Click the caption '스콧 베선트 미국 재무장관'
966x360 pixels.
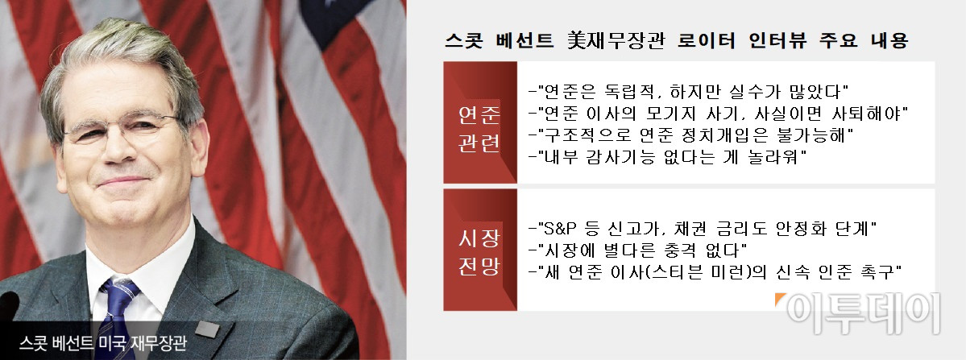pos(102,342)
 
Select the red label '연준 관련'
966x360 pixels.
pos(479,130)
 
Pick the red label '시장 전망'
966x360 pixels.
pos(479,251)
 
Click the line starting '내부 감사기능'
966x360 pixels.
pos(669,157)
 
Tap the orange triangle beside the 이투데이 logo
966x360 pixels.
pos(779,299)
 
